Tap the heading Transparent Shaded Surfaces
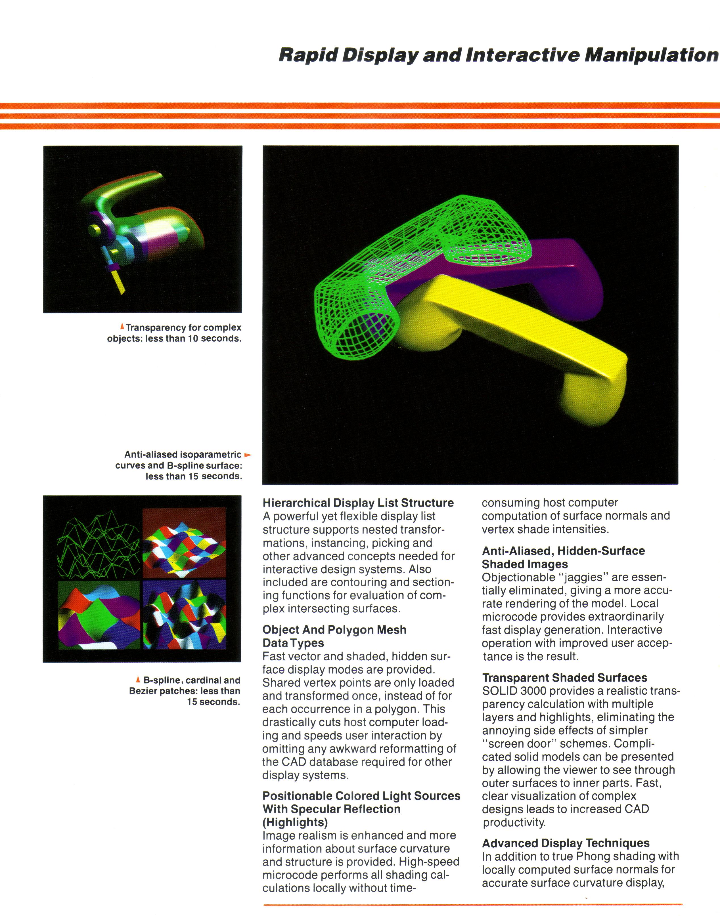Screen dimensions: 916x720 [564, 678]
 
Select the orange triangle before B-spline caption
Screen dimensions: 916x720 [138, 680]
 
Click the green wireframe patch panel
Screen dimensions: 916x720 [99, 543]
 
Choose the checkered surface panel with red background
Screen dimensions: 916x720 [184, 543]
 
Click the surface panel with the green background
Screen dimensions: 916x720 [99, 615]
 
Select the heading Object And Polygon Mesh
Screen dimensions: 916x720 [334, 630]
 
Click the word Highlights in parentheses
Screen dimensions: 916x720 [295, 822]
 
